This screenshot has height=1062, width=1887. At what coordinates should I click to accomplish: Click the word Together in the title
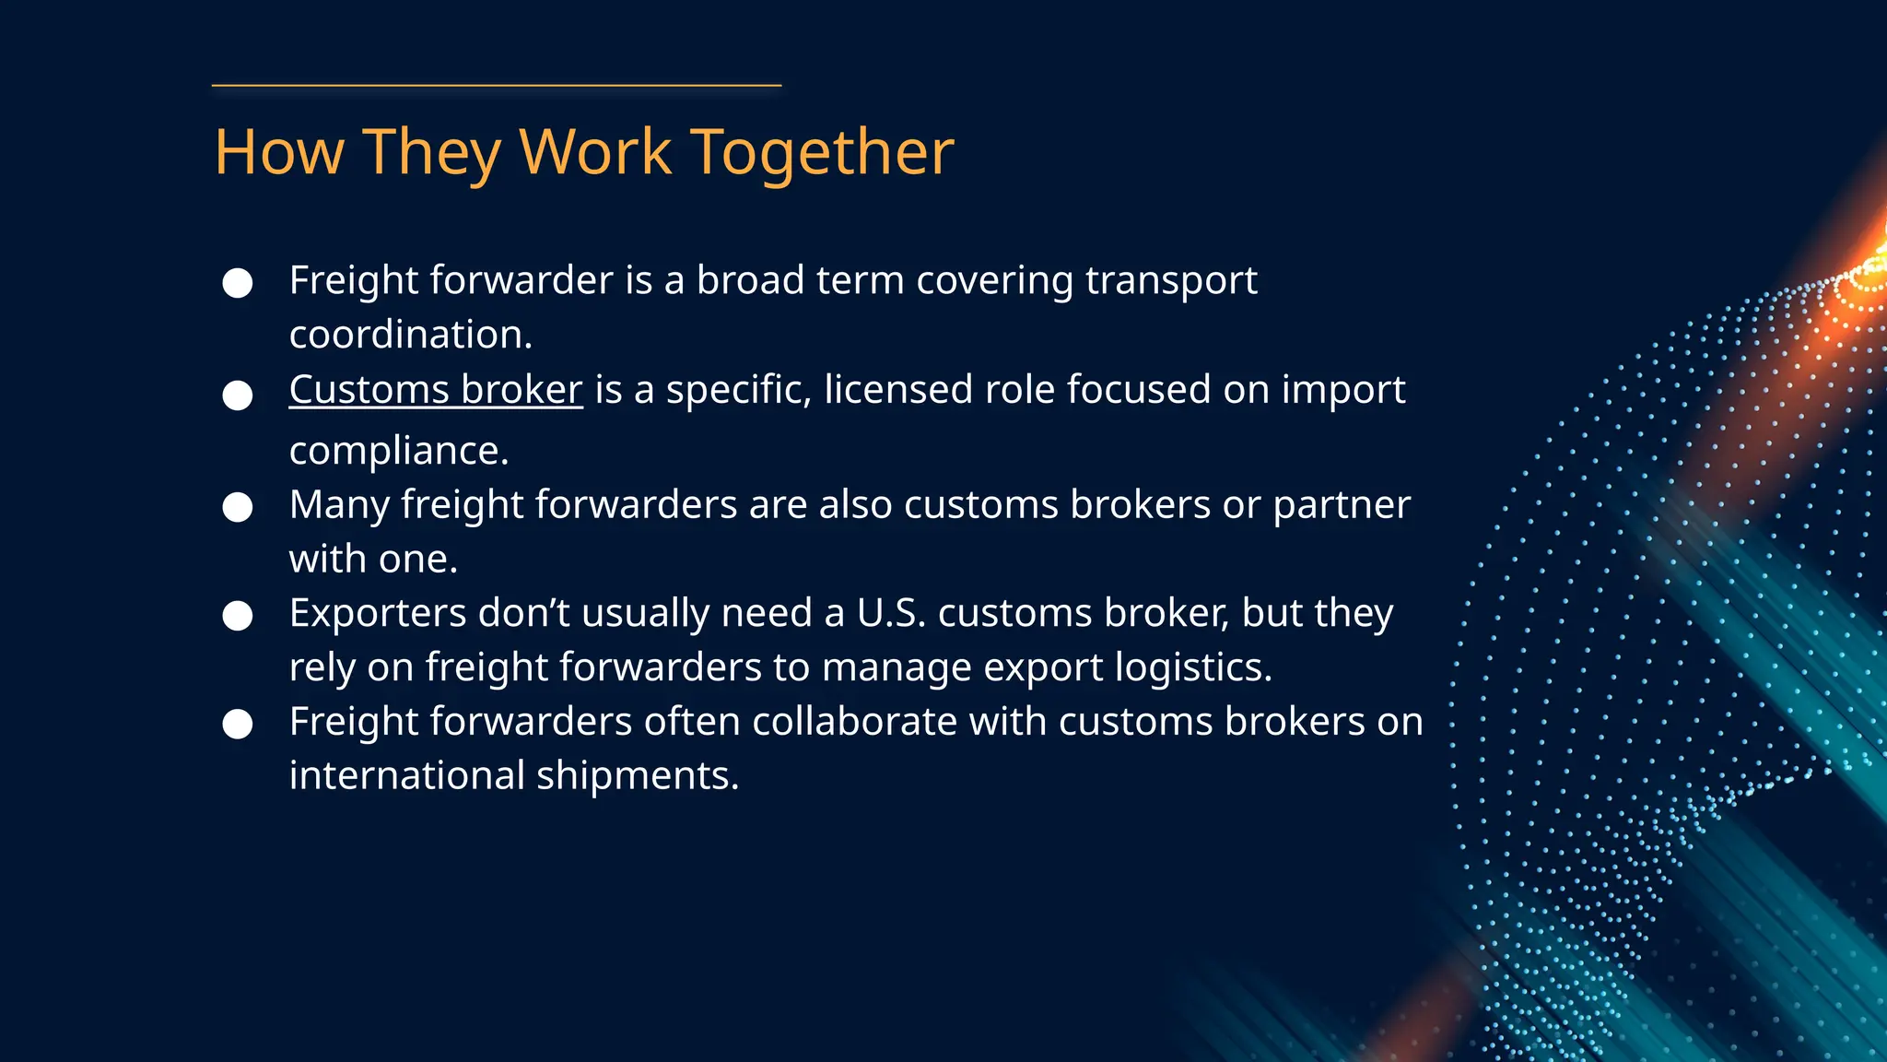pyautogui.click(x=822, y=153)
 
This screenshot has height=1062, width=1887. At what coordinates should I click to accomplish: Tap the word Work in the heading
pyautogui.click(x=595, y=151)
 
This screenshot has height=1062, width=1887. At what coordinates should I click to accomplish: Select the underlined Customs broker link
pyautogui.click(x=436, y=390)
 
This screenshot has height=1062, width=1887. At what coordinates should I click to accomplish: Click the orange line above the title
pyautogui.click(x=497, y=86)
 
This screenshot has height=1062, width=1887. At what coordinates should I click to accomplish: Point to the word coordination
pyautogui.click(x=411, y=335)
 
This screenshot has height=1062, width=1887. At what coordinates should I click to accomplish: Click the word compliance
pyautogui.click(x=399, y=451)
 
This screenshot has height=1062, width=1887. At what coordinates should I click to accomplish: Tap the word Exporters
pyautogui.click(x=378, y=613)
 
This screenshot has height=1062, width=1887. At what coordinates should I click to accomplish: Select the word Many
pyautogui.click(x=338, y=505)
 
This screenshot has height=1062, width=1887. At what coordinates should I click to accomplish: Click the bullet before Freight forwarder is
pyautogui.click(x=238, y=283)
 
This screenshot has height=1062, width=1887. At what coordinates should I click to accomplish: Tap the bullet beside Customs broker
pyautogui.click(x=238, y=395)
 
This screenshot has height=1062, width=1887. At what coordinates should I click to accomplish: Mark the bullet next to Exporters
pyautogui.click(x=238, y=616)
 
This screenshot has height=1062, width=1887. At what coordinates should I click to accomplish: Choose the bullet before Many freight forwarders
pyautogui.click(x=238, y=507)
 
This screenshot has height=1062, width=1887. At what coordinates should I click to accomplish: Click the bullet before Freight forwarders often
pyautogui.click(x=238, y=725)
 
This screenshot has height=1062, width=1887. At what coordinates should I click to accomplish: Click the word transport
pyautogui.click(x=1171, y=280)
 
